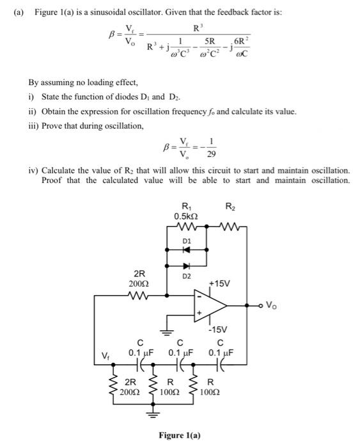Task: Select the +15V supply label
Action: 219,282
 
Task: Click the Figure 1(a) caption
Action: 180,436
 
